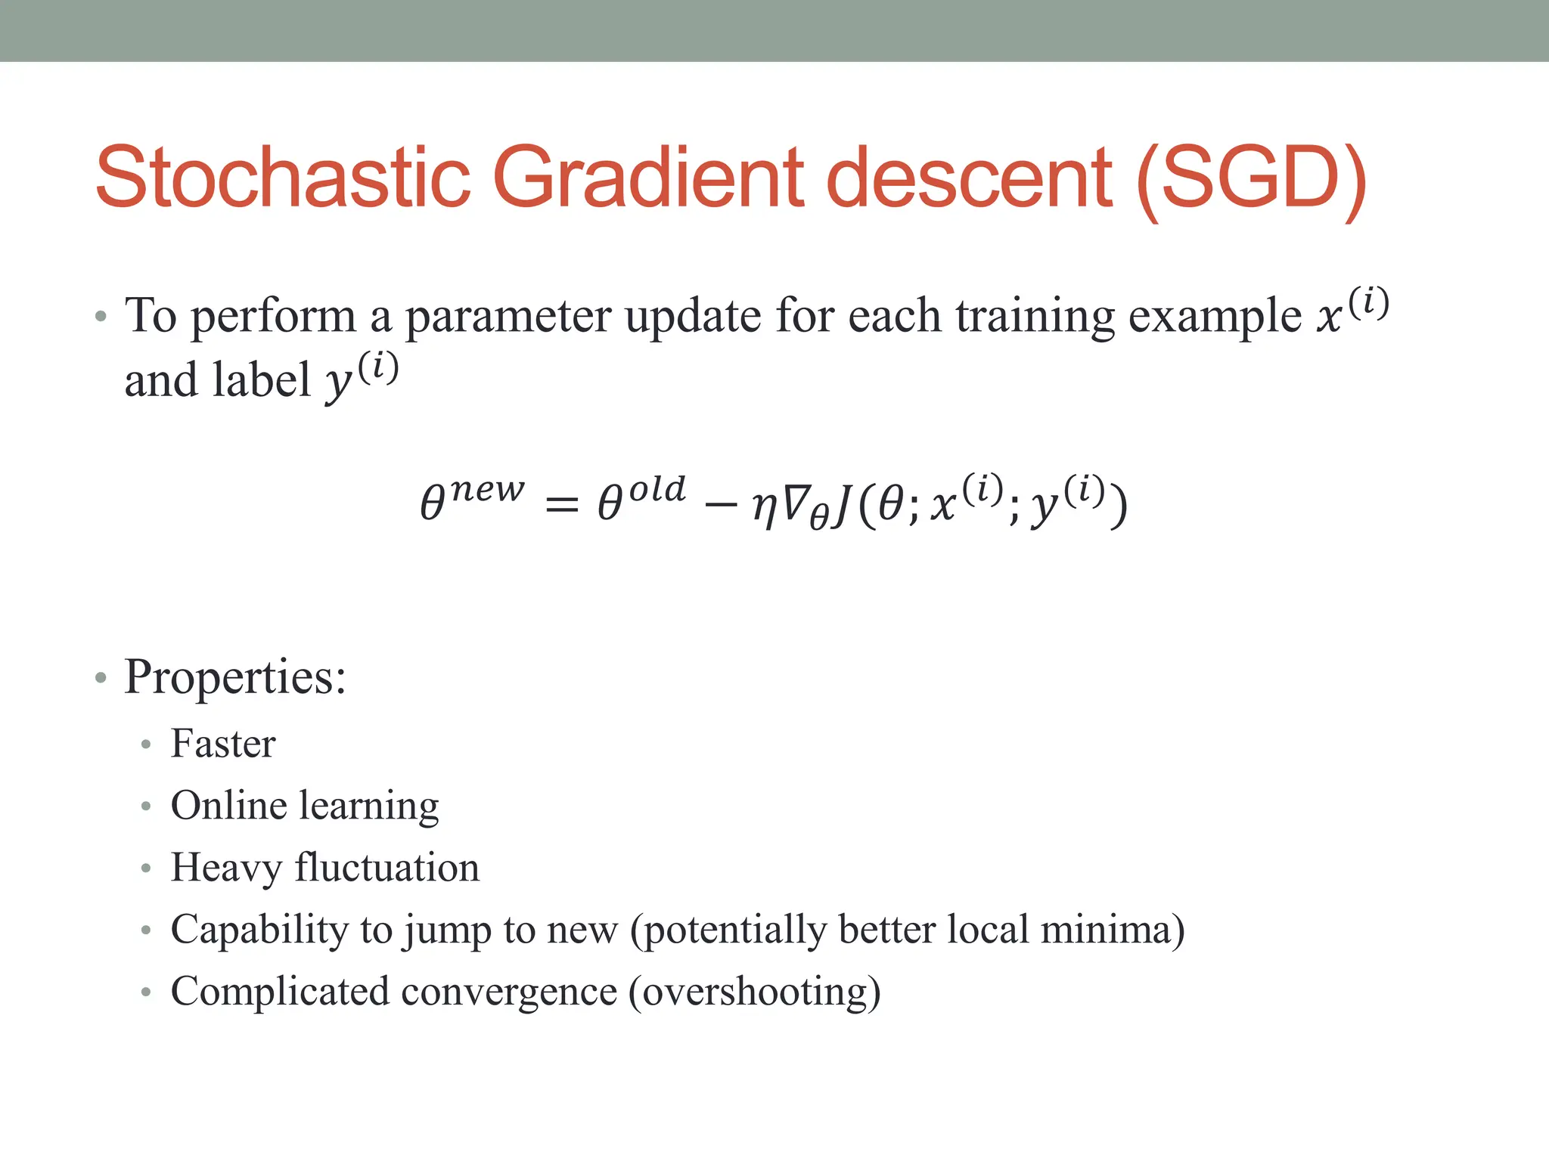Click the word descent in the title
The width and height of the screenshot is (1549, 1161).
(969, 178)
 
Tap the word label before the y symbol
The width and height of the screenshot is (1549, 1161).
(261, 380)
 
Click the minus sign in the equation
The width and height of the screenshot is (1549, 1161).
(719, 504)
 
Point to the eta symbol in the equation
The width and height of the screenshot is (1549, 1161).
(765, 507)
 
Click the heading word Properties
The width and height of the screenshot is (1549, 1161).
(234, 677)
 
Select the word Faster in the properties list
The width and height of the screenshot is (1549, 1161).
(223, 744)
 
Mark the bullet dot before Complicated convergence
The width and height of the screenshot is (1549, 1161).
(146, 992)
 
